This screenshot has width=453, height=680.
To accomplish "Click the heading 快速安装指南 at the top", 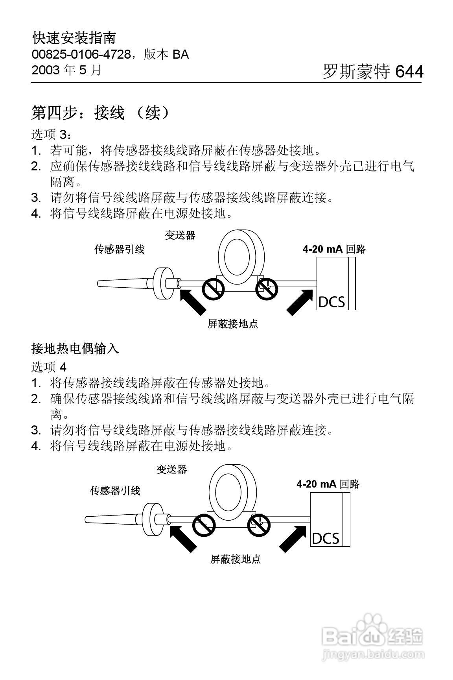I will [x=74, y=38].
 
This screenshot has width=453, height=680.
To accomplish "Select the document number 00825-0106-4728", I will [x=81, y=54].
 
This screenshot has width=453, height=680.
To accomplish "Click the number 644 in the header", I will [x=409, y=72].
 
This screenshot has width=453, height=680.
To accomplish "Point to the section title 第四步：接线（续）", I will [x=101, y=113].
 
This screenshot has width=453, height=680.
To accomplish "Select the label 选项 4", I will [x=49, y=367].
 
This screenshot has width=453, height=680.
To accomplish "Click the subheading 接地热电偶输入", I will [x=75, y=348].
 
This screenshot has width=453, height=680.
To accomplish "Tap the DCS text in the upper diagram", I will [x=331, y=302].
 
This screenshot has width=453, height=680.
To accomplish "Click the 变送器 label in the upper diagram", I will [x=180, y=235].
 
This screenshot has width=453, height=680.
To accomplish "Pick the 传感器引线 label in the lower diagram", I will [x=115, y=490].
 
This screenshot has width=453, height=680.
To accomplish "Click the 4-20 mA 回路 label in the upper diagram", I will [x=334, y=249].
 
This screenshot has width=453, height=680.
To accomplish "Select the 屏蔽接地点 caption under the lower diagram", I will [x=235, y=559].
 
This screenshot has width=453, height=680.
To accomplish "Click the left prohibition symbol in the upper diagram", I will [x=213, y=290].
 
